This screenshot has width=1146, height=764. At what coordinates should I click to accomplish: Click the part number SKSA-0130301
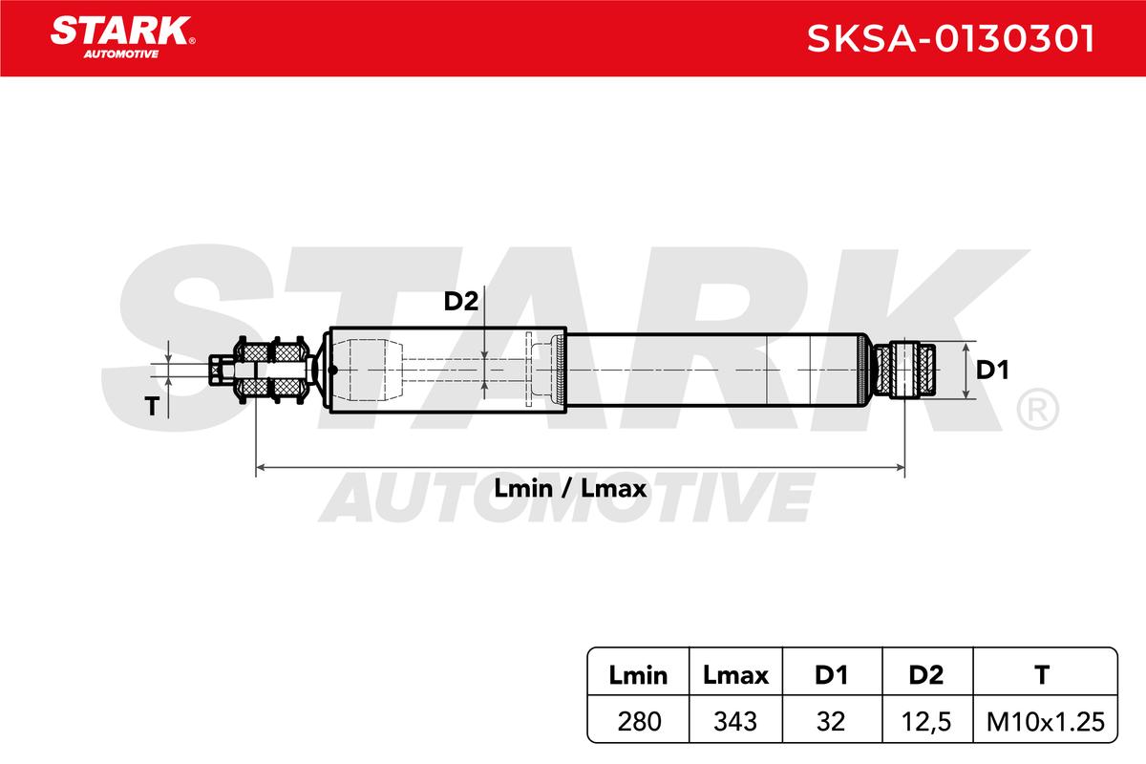pos(950,38)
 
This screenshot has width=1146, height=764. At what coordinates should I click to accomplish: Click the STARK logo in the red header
pos(122,37)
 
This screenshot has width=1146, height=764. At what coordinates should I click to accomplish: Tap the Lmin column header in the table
pos(638,675)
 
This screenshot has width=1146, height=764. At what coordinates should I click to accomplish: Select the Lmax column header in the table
pos(735,675)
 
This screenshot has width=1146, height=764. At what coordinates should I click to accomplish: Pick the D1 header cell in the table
pos(831,675)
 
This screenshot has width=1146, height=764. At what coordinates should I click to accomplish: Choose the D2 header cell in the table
pos(926,675)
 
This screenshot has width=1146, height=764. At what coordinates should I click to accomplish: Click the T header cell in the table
pos(1042,675)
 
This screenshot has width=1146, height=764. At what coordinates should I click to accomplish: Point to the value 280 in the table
pos(639,722)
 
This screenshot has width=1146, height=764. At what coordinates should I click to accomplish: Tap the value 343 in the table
pos(735,722)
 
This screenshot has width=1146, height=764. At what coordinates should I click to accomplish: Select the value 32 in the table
pos(831,722)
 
